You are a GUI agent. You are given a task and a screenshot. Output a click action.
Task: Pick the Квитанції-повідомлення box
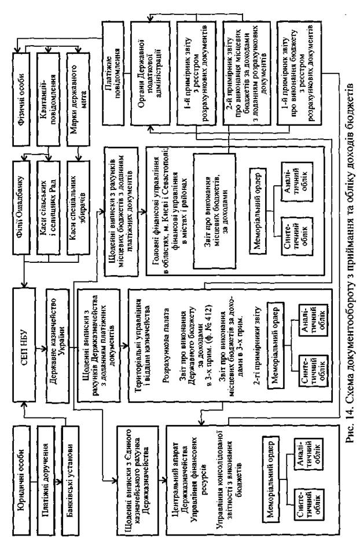tap(50, 76)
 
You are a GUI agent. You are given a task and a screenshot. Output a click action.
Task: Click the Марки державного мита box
tap(80, 76)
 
